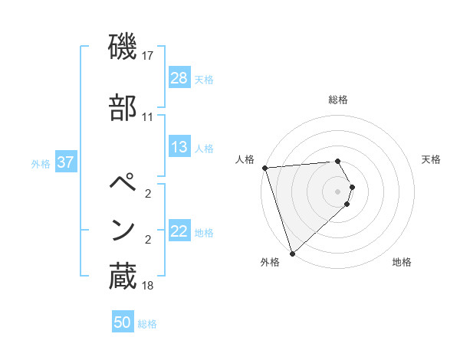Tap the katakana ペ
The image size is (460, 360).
click(x=123, y=185)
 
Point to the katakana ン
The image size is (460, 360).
click(x=123, y=229)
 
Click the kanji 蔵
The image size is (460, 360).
click(x=123, y=277)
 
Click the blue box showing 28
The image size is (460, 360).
click(x=179, y=78)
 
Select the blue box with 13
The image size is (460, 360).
click(x=179, y=147)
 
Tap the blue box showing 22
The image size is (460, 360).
click(x=179, y=231)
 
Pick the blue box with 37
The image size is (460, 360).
click(x=65, y=163)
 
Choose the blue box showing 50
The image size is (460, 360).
click(x=123, y=322)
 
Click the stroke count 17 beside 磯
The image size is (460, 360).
click(x=148, y=56)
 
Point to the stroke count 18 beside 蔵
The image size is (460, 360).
click(x=148, y=286)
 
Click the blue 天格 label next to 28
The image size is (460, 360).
click(x=204, y=79)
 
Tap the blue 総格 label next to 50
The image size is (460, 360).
click(x=147, y=323)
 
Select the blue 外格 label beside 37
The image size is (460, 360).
click(x=40, y=164)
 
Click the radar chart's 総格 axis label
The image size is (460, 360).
click(x=338, y=100)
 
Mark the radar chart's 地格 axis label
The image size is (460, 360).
click(x=402, y=262)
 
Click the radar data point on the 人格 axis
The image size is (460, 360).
click(x=264, y=168)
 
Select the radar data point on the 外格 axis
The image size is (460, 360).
click(x=292, y=253)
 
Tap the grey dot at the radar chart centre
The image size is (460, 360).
click(x=338, y=191)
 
